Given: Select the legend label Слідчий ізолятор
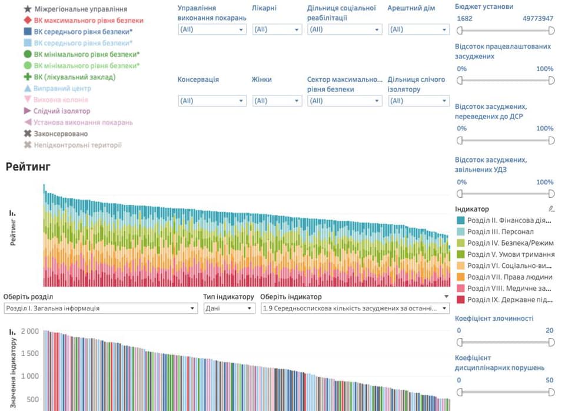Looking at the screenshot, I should (x=62, y=111).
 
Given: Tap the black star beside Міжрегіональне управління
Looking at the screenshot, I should (x=27, y=9).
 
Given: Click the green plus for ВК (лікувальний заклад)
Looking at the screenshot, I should (x=27, y=77).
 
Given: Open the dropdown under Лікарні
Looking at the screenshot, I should (x=276, y=29).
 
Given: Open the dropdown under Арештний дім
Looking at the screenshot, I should (x=418, y=29).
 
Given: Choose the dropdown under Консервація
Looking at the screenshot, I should (x=212, y=101).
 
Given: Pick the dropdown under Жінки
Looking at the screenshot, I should (x=276, y=101).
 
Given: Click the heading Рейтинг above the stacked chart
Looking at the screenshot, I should (x=28, y=167).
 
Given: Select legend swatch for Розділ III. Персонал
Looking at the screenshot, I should (x=460, y=231).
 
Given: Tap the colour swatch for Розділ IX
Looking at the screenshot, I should (x=460, y=300).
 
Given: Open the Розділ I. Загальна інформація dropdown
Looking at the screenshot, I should (x=100, y=308).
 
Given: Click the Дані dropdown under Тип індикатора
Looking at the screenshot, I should (x=229, y=308).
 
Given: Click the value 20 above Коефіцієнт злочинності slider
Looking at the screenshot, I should (x=549, y=330).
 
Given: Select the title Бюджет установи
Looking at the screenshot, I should (x=484, y=7).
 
